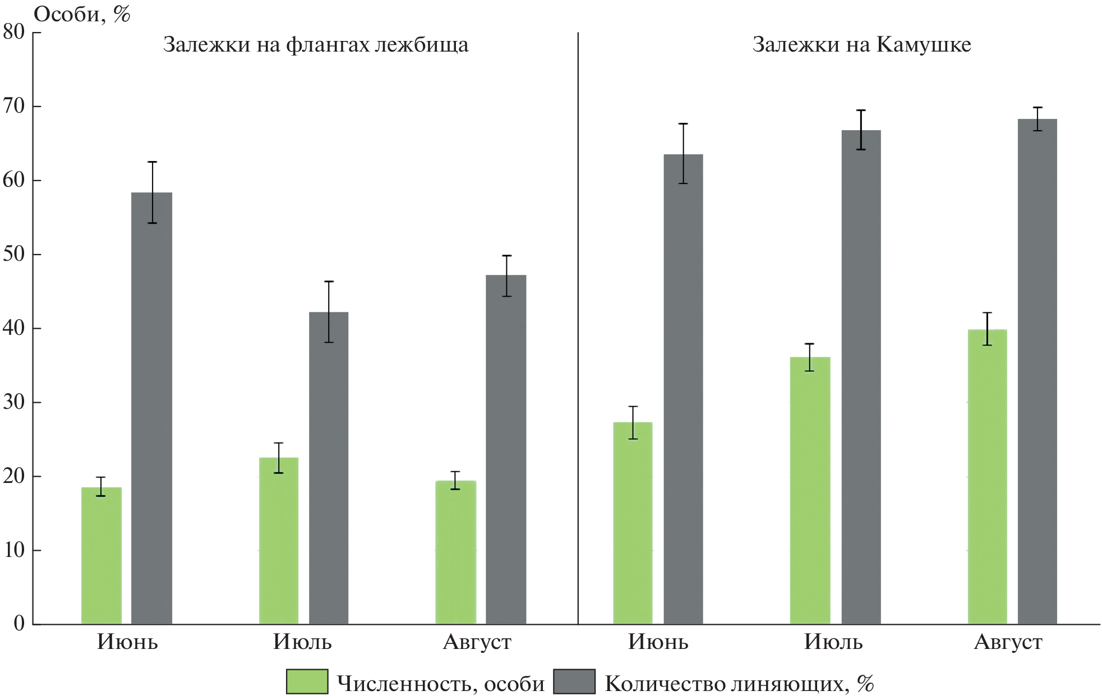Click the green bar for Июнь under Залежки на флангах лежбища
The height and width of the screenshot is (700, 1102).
[x=101, y=555]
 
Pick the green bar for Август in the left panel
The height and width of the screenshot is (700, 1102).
[x=455, y=552]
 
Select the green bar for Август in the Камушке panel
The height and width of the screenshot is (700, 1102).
[x=987, y=477]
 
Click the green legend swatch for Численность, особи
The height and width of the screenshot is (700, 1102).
[x=307, y=681]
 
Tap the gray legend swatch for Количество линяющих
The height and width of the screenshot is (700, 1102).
[x=574, y=681]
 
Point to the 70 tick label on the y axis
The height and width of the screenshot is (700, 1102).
[x=15, y=106]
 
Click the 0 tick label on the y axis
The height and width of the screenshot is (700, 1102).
[x=20, y=623]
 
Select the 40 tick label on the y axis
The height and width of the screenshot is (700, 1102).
[x=15, y=328]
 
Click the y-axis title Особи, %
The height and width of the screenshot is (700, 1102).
[x=82, y=14]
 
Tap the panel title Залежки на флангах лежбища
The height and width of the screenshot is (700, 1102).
[x=315, y=44]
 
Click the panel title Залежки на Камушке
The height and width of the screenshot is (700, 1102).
[x=861, y=44]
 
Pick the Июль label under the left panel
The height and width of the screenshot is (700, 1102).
[x=302, y=642]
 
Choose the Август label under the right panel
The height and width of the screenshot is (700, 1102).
[x=1008, y=642]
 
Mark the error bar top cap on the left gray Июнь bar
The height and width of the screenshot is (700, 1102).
[x=152, y=162]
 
